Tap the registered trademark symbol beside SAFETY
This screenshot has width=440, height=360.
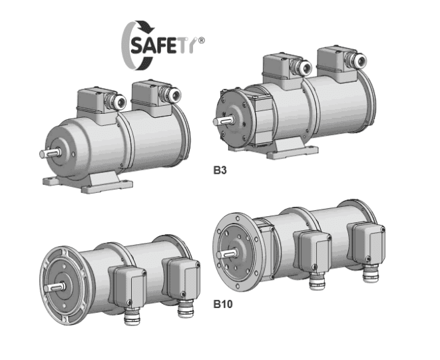(x=201, y=41)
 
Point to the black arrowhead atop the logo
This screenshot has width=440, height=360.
(x=148, y=27)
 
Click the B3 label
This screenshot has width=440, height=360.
(x=220, y=170)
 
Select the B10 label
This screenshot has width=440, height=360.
(x=223, y=304)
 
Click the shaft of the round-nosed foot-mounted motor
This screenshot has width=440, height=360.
(x=50, y=153)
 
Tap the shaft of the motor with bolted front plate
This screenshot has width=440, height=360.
(x=223, y=120)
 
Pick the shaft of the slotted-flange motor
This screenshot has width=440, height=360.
(x=55, y=287)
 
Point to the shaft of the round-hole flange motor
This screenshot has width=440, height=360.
(x=227, y=254)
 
